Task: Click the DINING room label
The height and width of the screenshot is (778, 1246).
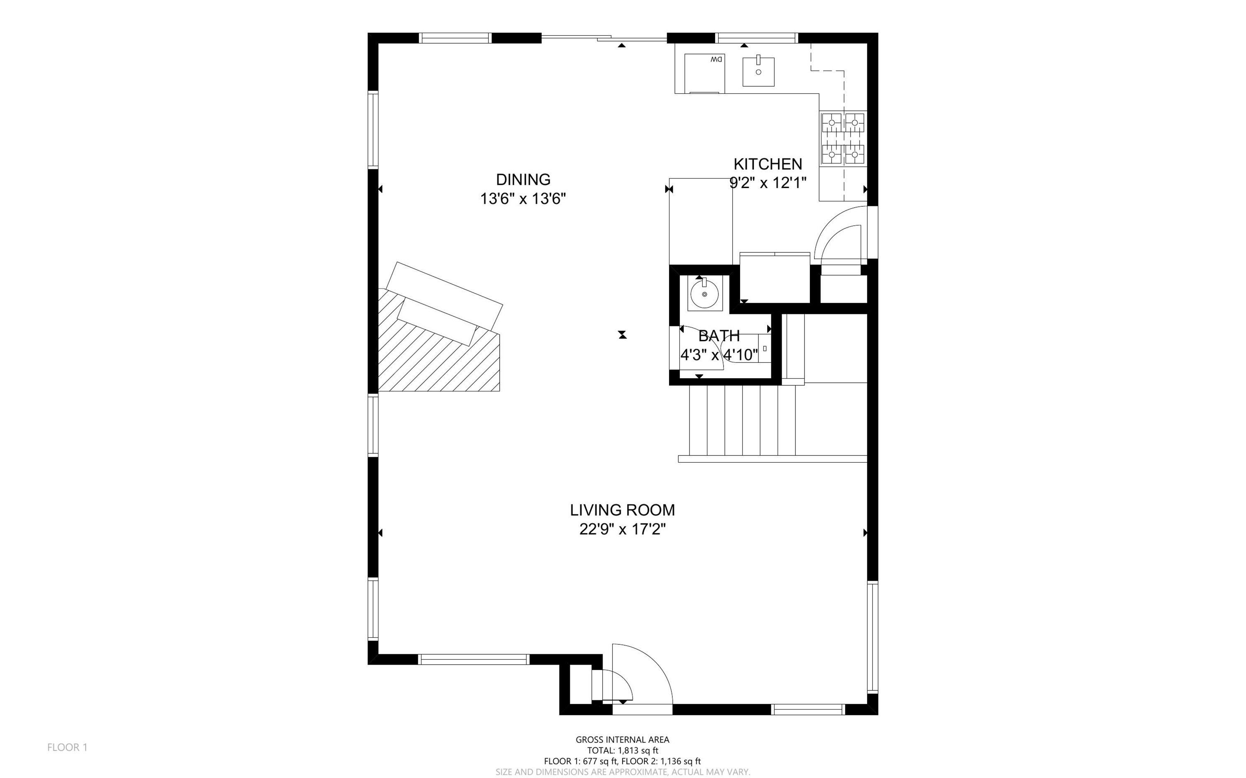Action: pos(523,180)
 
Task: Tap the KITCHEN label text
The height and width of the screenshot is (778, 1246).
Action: pos(768,164)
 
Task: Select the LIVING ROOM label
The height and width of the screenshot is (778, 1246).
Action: pos(622,510)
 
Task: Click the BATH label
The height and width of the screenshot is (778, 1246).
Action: pos(719,336)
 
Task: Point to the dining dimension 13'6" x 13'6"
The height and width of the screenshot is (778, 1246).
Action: pos(523,198)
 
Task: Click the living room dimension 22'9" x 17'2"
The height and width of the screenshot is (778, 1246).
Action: pos(622,529)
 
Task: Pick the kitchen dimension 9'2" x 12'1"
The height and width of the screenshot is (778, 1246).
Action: pos(768,183)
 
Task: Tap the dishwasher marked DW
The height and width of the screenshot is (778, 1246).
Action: pos(704,73)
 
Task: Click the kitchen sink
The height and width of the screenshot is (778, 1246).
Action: pos(758,71)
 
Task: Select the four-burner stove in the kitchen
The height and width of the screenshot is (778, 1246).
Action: pos(843,138)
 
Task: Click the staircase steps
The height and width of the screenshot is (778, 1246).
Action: pos(743,421)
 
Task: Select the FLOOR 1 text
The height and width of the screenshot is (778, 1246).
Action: pos(67,747)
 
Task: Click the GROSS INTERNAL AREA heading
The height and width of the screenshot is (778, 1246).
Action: pos(622,740)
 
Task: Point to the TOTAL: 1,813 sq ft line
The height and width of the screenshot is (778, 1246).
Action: pos(622,751)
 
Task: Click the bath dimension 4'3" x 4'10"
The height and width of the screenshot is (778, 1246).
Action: pos(719,355)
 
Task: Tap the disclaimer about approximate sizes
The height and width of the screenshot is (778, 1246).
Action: pos(622,772)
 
